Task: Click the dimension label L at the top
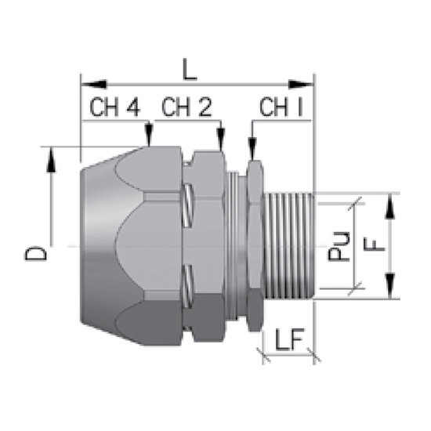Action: (190, 70)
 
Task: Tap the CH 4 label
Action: (114, 107)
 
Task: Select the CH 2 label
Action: (187, 107)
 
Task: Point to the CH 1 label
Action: (281, 107)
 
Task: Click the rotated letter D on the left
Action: (35, 253)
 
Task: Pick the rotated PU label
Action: (339, 246)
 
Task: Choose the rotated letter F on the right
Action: (374, 244)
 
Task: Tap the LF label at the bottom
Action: (289, 339)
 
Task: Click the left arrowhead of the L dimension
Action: (93, 85)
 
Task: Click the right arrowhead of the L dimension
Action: (301, 85)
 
